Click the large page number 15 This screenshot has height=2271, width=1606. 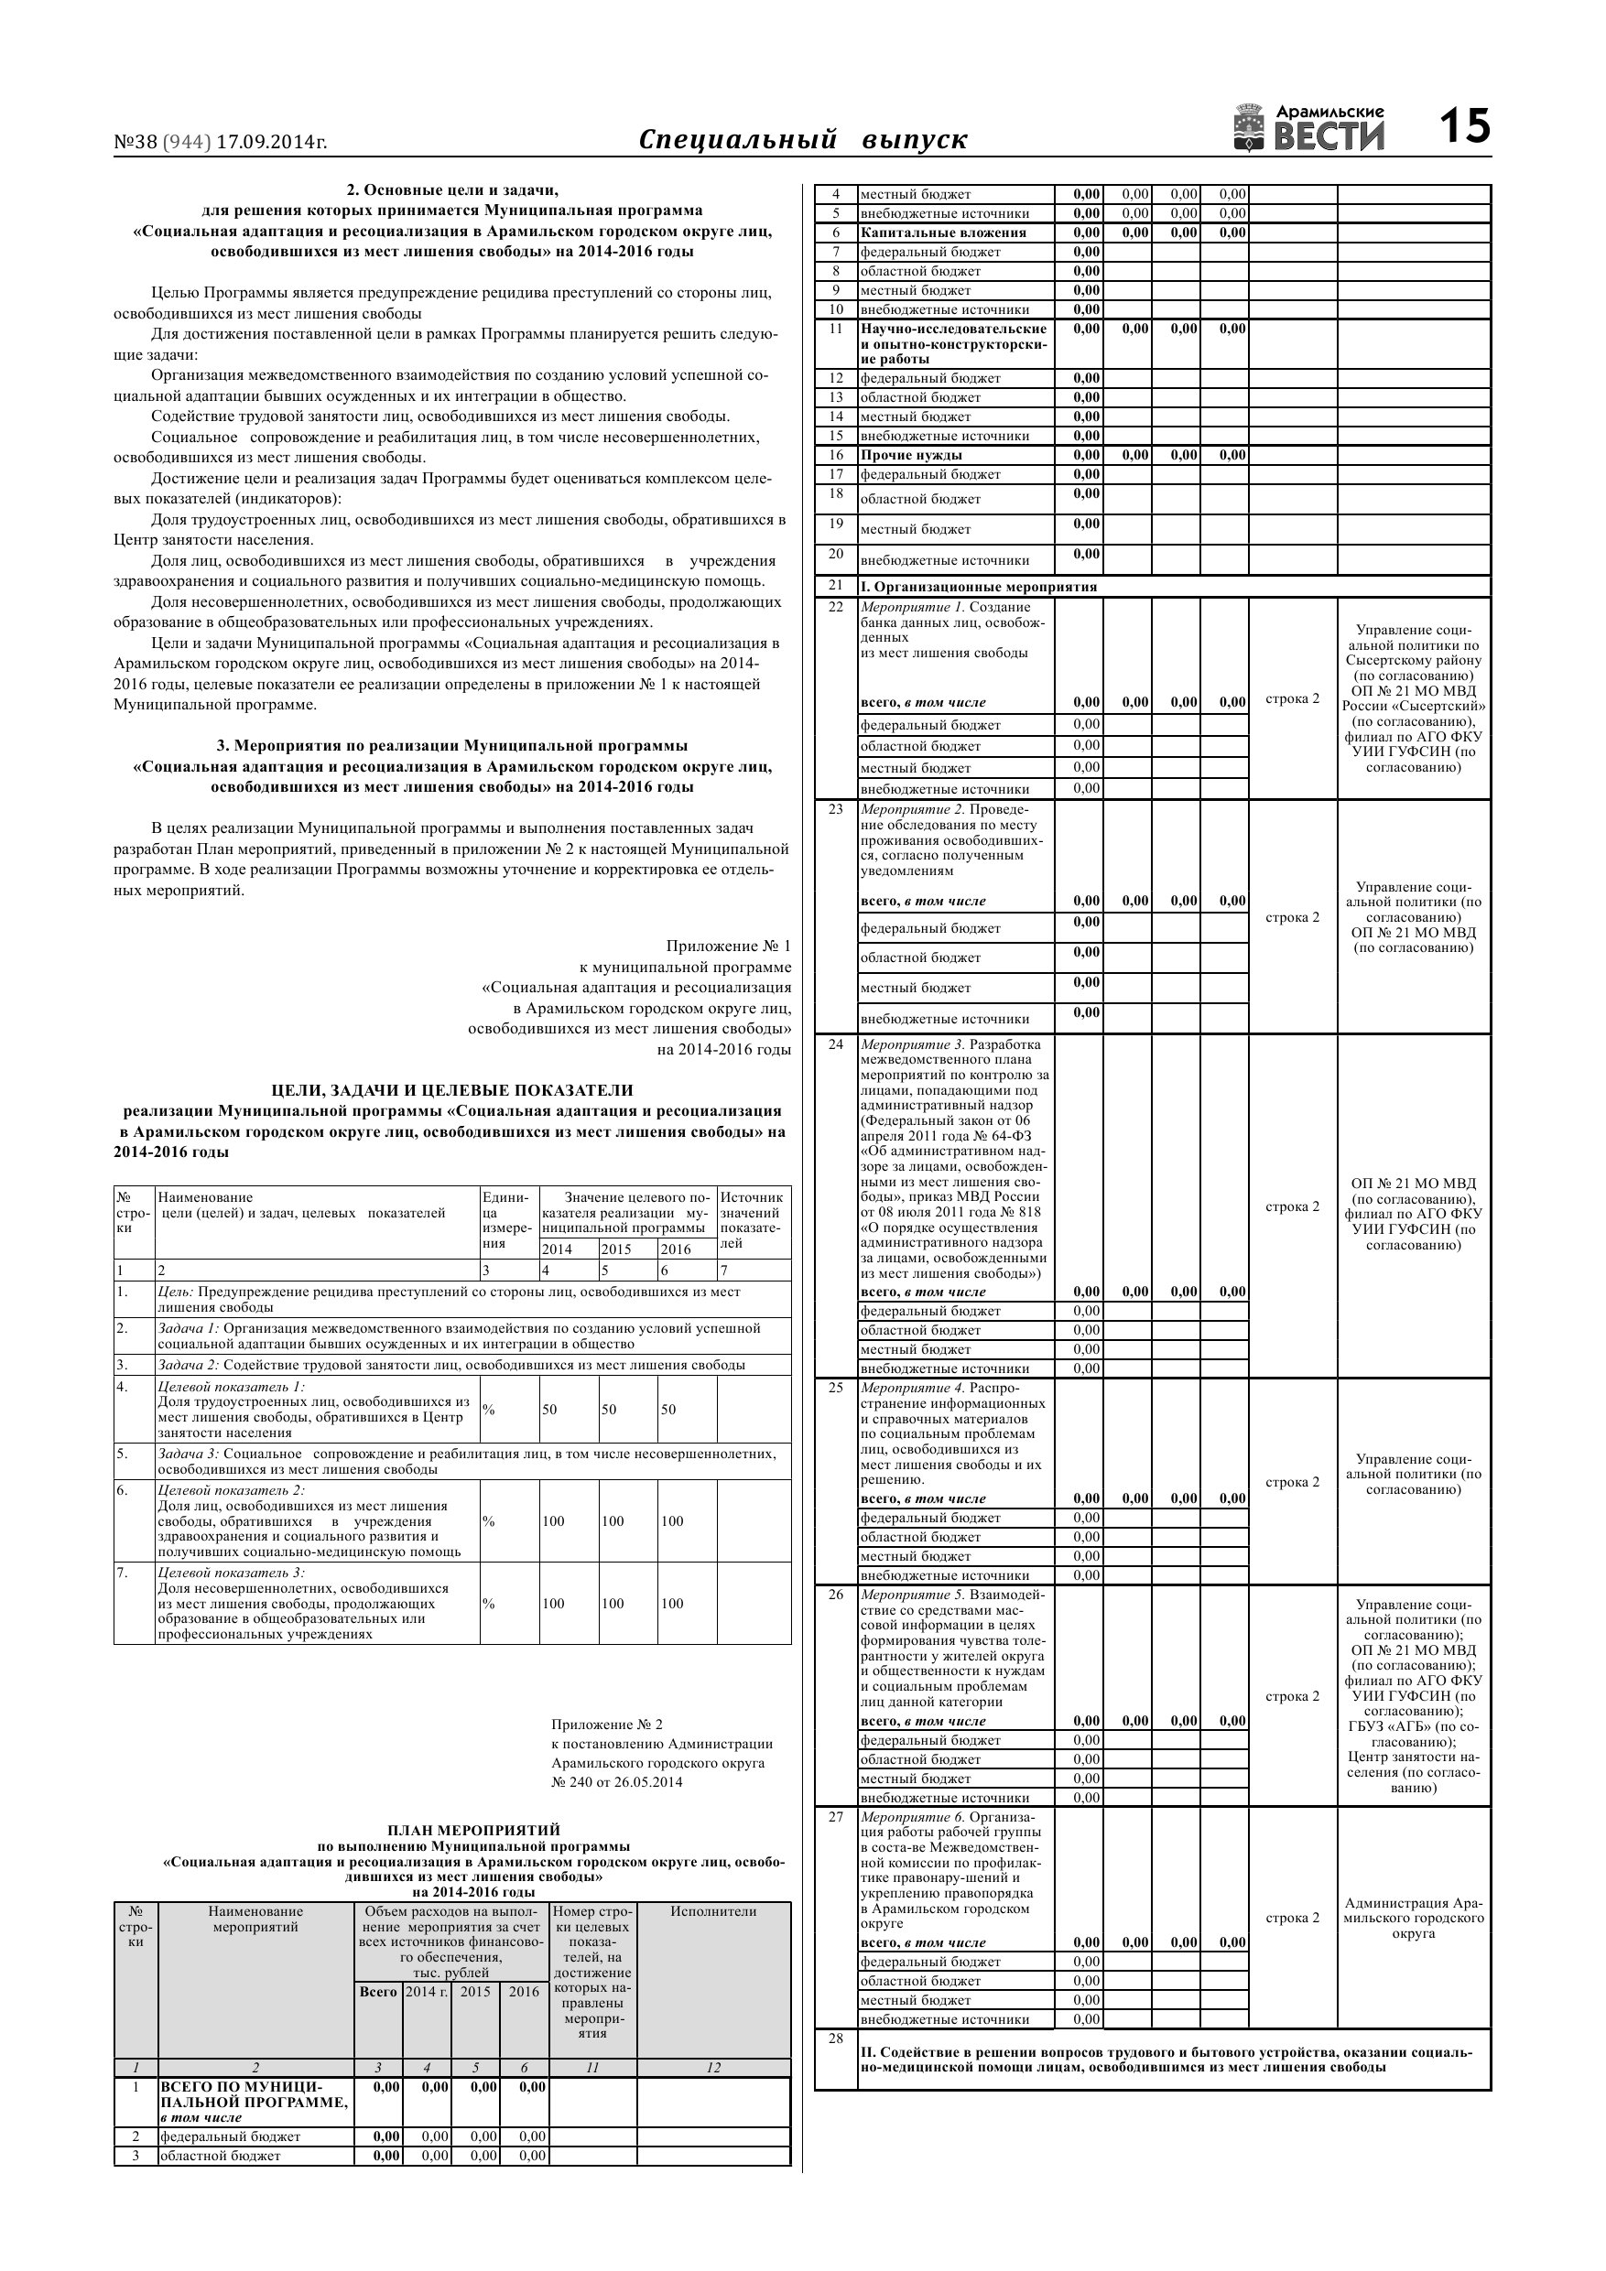point(1463,127)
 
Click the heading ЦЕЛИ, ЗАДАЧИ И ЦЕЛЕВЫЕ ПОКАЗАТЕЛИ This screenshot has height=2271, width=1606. point(452,1090)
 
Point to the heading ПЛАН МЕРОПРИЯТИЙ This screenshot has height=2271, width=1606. point(473,1830)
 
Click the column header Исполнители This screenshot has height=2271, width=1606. point(712,1911)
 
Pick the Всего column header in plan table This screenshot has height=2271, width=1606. point(378,1991)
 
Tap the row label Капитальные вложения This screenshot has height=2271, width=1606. point(943,233)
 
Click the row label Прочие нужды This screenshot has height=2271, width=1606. point(910,455)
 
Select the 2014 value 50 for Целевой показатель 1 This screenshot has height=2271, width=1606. point(549,1409)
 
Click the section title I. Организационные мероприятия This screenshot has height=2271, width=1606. point(978,587)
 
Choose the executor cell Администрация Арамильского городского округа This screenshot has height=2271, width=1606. point(1413,1918)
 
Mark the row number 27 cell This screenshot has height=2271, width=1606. point(836,1816)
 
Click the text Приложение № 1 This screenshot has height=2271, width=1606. point(728,946)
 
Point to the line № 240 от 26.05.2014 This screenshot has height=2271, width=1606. point(616,1781)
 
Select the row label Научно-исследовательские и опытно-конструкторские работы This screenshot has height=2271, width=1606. point(953,343)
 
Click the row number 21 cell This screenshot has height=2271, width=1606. point(836,586)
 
